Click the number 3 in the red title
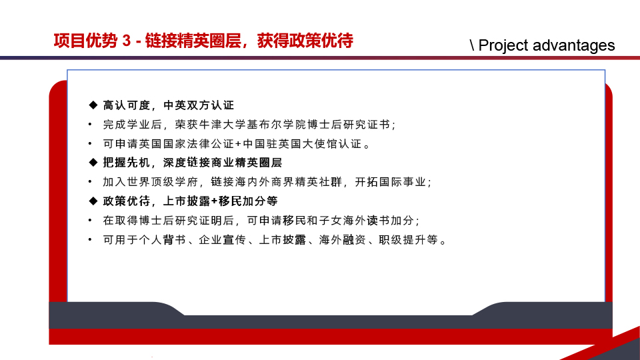[x=127, y=41]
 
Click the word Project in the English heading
[x=503, y=45]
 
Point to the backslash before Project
[x=472, y=45]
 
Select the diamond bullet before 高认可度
[x=93, y=105]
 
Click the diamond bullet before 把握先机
[x=93, y=163]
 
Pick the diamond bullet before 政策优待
[x=93, y=201]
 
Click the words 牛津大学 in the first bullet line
[x=222, y=125]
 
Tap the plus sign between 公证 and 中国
[x=239, y=144]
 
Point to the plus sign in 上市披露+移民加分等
[x=215, y=201]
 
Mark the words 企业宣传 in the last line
[x=223, y=239]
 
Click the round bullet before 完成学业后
[x=90, y=124]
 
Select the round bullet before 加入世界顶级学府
[x=90, y=181]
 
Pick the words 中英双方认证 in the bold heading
[x=199, y=105]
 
